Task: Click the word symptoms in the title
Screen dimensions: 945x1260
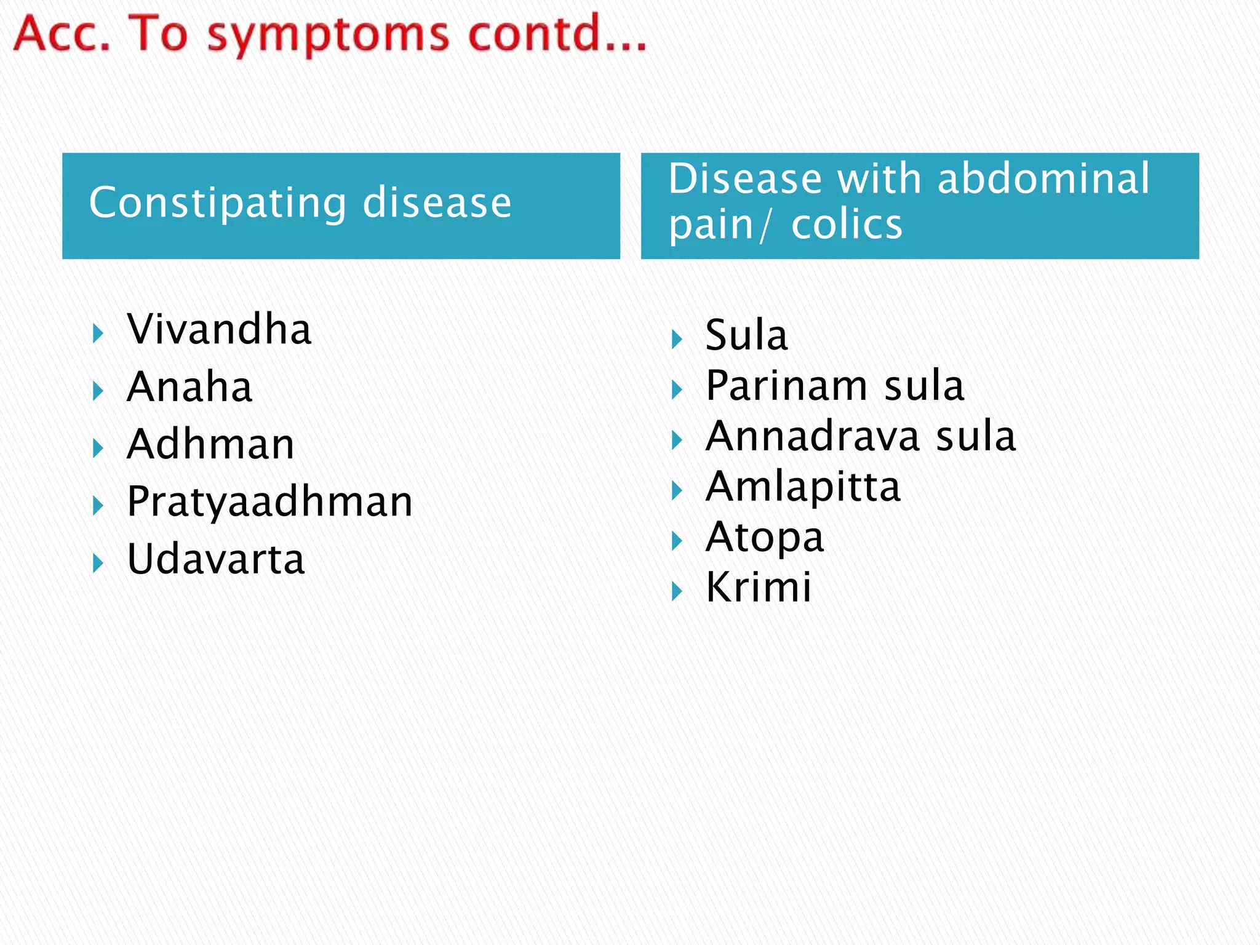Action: click(x=328, y=36)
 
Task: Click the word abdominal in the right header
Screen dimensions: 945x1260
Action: click(x=1043, y=179)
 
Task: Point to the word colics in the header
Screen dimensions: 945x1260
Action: click(x=847, y=225)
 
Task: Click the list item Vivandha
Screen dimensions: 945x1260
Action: click(x=219, y=330)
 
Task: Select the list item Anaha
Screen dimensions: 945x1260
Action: click(x=189, y=388)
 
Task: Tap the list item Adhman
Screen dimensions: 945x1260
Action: click(x=210, y=445)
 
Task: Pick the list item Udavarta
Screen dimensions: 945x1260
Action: click(x=215, y=560)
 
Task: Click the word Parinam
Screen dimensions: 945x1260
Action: click(x=786, y=386)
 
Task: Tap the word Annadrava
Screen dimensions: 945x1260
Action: click(x=812, y=437)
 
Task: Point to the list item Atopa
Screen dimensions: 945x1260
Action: click(x=764, y=538)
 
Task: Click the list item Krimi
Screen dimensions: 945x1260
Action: click(x=758, y=588)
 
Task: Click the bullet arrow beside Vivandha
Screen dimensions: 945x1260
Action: click(x=98, y=334)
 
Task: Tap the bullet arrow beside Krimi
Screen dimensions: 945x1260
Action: click(x=677, y=592)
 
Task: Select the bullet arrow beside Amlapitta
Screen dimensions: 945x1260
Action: click(x=677, y=491)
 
